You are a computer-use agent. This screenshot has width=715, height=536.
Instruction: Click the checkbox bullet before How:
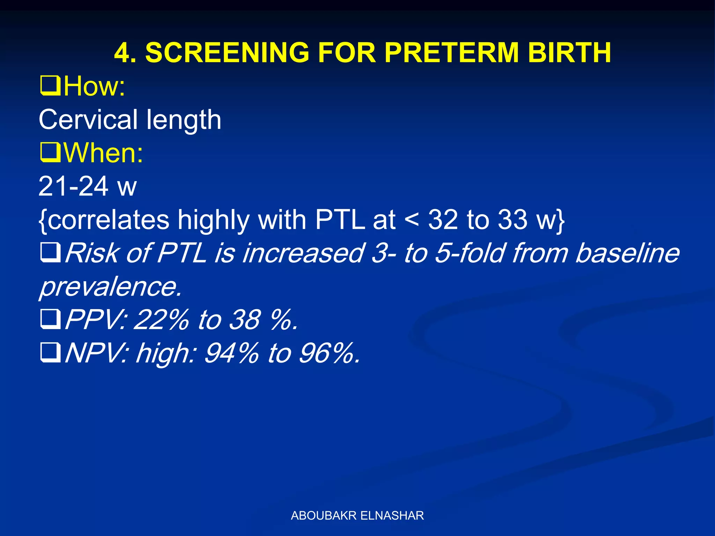click(x=50, y=86)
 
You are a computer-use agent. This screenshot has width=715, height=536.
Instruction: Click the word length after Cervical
click(x=184, y=120)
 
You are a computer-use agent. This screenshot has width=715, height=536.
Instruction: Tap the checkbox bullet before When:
click(x=50, y=153)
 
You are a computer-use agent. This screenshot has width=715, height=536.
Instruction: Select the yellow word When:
click(x=103, y=153)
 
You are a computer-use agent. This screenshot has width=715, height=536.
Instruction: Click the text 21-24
click(x=74, y=186)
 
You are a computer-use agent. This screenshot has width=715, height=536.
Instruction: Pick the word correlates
click(x=108, y=220)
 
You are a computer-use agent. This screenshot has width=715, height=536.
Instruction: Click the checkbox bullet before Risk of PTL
click(x=50, y=253)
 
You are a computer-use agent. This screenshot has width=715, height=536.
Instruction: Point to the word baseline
click(x=627, y=253)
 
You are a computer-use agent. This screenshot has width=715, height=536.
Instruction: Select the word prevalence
click(x=110, y=287)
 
